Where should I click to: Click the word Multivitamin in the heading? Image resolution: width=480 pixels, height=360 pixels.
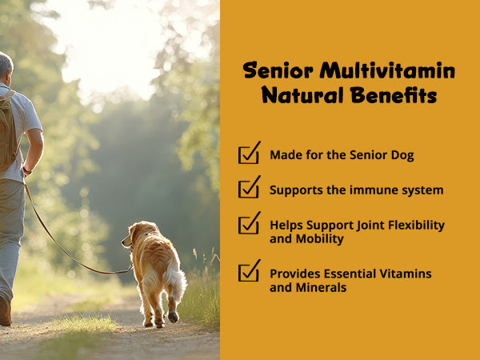pos(387,70)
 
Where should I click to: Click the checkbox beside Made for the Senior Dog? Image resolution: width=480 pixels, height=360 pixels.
pos(249,153)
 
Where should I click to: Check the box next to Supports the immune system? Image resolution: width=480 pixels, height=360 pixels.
pos(249,187)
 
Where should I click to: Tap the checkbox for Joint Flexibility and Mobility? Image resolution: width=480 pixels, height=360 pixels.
pos(249,223)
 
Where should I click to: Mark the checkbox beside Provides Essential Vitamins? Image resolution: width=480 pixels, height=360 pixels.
pos(249,270)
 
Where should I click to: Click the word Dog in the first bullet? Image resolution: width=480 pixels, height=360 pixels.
pos(402,155)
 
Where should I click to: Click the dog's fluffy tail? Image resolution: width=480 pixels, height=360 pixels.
pos(175,280)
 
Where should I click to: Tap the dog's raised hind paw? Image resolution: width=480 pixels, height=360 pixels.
pos(174,316)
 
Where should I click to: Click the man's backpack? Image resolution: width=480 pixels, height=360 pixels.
pos(8,130)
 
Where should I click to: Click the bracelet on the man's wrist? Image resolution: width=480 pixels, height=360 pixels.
pos(27,170)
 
